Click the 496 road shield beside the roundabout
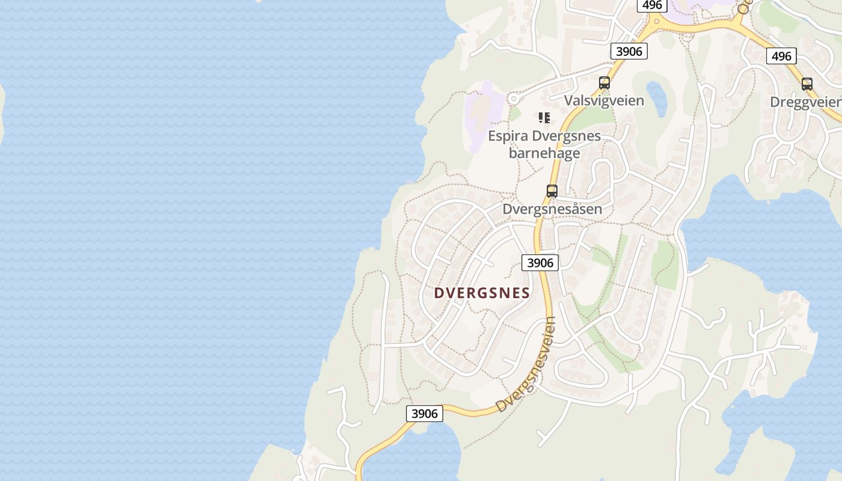tap(651, 5)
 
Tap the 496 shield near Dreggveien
tap(781, 57)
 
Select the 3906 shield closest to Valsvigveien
tap(629, 52)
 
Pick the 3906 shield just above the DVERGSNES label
tap(539, 263)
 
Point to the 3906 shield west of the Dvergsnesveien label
tap(425, 414)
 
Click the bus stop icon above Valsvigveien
tap(604, 83)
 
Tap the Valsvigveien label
tap(604, 100)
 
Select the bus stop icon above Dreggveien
tap(807, 84)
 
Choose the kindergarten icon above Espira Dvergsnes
tap(544, 118)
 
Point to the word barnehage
tap(544, 153)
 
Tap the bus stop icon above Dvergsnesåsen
tap(552, 191)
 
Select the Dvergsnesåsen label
tap(552, 209)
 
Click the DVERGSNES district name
tap(482, 293)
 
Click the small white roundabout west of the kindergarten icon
tap(513, 99)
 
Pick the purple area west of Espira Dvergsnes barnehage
tap(481, 114)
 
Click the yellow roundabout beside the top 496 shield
tap(656, 22)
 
